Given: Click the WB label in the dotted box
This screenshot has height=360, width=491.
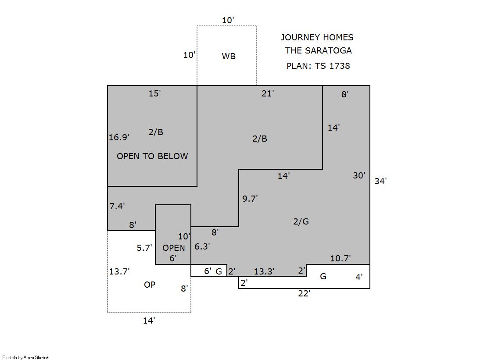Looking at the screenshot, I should click(229, 56).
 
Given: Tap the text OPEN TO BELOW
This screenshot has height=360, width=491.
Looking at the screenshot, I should click(152, 156).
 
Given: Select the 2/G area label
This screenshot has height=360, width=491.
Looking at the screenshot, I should click(301, 221).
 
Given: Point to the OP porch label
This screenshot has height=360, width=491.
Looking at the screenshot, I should click(150, 285).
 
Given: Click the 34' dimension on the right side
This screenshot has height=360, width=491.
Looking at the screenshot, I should click(380, 181).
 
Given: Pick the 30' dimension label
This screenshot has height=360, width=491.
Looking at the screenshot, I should click(359, 175).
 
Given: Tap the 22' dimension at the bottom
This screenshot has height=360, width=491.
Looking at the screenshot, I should click(304, 294).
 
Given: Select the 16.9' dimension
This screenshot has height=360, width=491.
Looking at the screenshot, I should click(119, 137).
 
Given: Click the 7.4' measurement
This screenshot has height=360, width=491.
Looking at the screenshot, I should click(117, 206).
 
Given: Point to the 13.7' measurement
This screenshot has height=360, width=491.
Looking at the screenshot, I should click(119, 271).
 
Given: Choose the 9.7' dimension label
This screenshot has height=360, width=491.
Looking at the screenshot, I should click(250, 199).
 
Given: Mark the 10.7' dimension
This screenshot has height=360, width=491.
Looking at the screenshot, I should click(340, 258).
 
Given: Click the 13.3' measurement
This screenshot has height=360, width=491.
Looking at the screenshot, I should click(264, 271).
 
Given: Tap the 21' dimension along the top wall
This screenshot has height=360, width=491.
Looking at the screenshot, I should click(268, 93).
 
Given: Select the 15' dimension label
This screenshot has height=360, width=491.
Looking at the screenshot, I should click(154, 93).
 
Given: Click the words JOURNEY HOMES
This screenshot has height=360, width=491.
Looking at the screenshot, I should click(317, 37).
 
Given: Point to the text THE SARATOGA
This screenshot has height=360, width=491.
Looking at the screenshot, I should click(318, 50).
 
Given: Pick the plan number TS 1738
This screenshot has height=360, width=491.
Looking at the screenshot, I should click(332, 66).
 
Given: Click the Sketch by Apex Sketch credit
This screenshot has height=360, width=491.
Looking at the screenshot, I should click(26, 357).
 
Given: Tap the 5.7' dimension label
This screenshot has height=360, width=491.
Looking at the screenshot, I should click(144, 248).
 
